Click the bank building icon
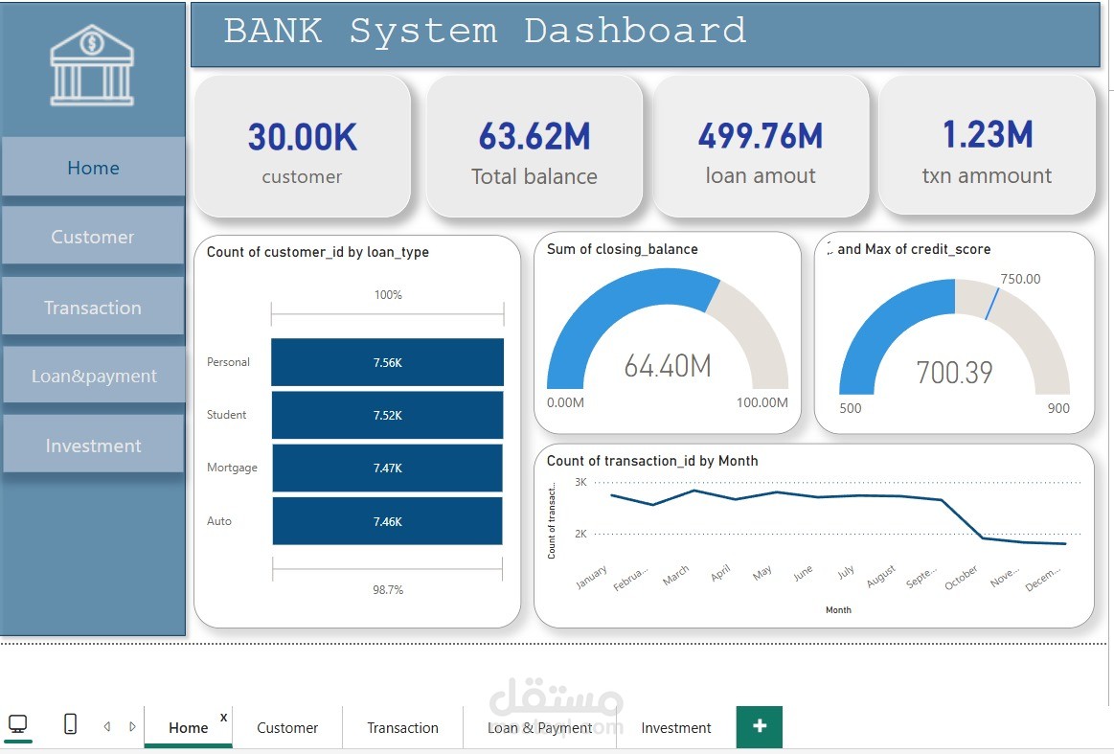92,66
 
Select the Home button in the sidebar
93,168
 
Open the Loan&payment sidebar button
93,376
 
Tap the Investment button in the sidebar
93,446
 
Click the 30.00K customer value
302,138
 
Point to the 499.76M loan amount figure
760,136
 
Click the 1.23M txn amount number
987,135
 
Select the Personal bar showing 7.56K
387,362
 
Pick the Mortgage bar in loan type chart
387,468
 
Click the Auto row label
219,521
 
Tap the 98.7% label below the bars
387,590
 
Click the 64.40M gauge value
667,366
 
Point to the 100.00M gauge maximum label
762,402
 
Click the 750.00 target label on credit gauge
1019,279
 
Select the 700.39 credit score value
954,372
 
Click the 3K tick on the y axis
580,482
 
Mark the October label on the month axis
962,578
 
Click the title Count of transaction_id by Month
651,461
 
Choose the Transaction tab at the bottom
402,728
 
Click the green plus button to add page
759,726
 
